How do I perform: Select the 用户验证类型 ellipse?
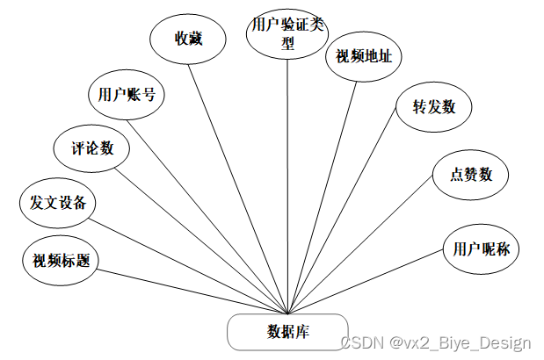click(x=287, y=34)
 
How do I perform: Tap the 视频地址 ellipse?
click(x=364, y=56)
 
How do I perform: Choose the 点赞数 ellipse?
click(x=463, y=174)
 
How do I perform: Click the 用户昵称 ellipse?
click(x=480, y=248)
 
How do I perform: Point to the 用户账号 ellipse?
click(x=127, y=94)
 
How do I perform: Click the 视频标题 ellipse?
click(x=60, y=260)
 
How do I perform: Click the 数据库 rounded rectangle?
click(x=287, y=331)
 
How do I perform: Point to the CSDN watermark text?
click(x=435, y=342)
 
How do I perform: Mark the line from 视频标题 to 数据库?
click(x=193, y=289)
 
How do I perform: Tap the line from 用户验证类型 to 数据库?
click(x=288, y=184)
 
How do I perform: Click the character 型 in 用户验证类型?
click(x=287, y=44)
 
